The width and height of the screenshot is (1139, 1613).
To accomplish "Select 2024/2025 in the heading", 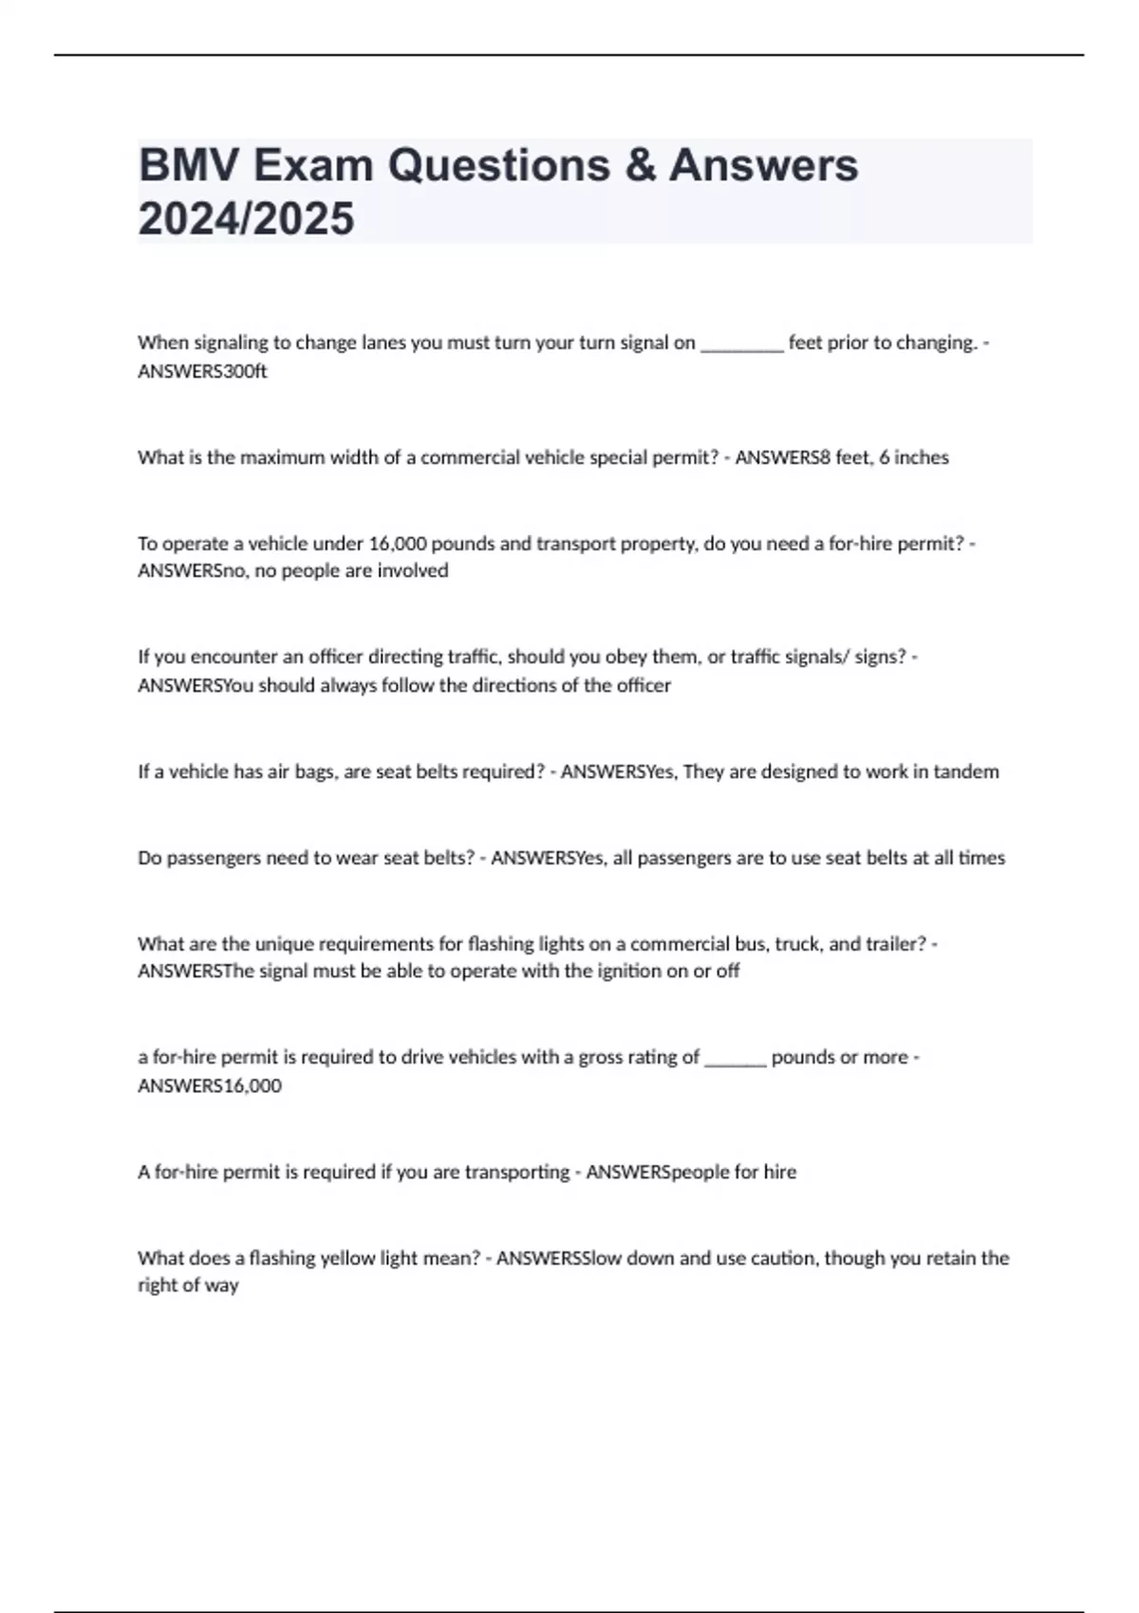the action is (246, 218).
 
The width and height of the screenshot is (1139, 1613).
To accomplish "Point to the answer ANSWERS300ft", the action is (202, 371).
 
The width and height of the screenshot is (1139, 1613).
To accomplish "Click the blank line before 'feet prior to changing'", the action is (741, 343).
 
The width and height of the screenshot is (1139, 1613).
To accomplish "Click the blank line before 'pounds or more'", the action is (736, 1058).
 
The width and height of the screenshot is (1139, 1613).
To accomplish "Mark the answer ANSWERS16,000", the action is (210, 1085).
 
